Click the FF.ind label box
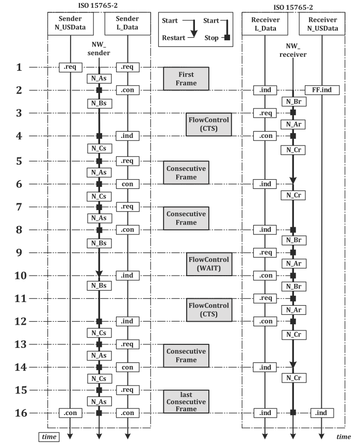(x=322, y=90)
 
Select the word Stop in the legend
(x=211, y=38)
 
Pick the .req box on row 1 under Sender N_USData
(x=70, y=68)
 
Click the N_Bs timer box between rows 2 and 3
(x=99, y=103)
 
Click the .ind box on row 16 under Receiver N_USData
(x=322, y=413)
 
